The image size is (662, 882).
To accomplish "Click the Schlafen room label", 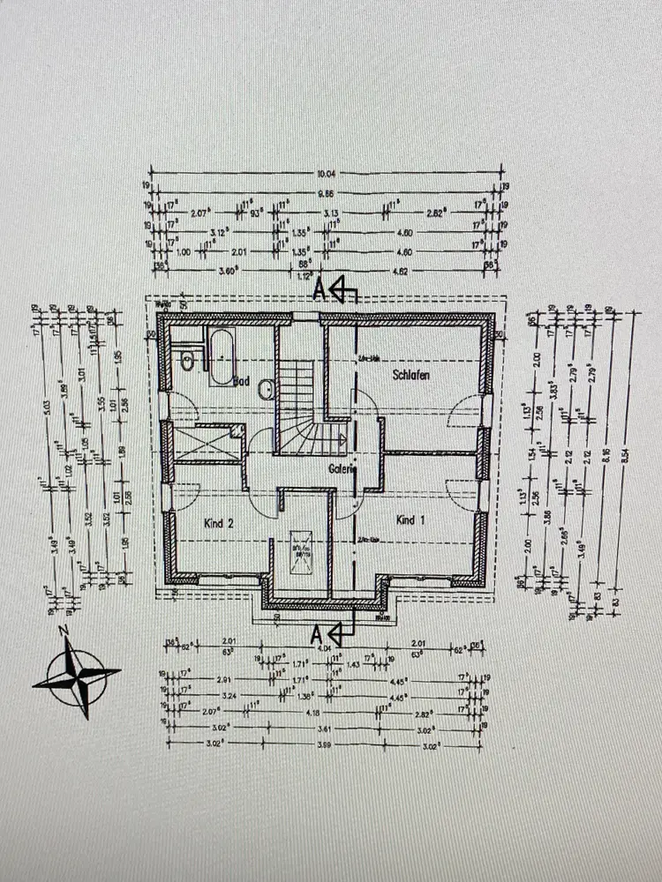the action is coord(411,376).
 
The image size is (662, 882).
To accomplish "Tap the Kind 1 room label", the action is coord(410,519).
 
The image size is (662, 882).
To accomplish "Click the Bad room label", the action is coord(242,383).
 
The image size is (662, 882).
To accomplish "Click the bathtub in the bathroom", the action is coord(221,356).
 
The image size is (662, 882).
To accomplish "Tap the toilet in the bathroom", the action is coord(186,360).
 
